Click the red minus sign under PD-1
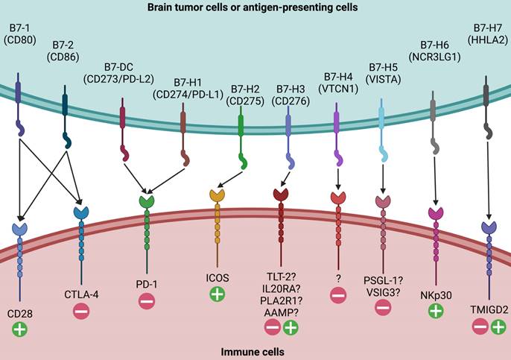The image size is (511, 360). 147,302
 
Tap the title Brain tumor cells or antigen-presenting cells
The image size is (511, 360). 256,7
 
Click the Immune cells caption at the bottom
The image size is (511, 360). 256,348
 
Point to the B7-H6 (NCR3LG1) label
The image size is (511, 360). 432,50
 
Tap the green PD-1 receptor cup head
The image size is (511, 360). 147,200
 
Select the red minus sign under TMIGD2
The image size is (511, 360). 478,326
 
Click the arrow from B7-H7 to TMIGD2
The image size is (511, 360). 488,179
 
